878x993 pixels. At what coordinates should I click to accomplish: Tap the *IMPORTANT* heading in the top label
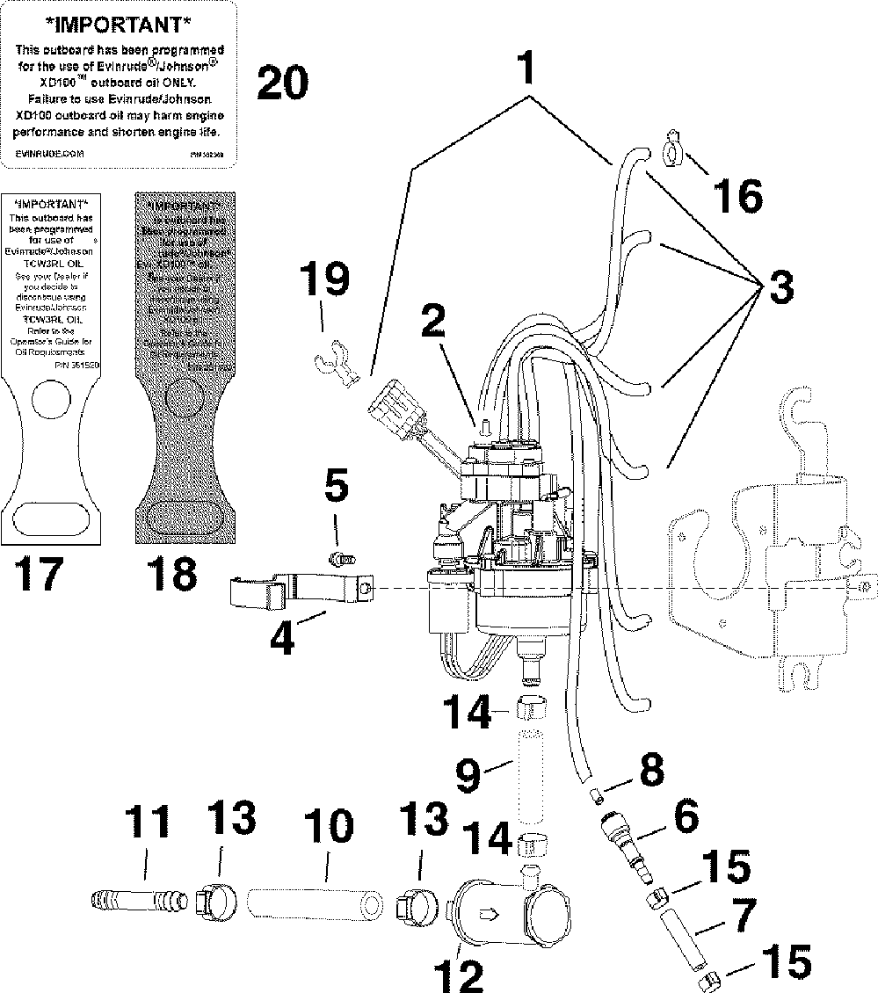pos(119,21)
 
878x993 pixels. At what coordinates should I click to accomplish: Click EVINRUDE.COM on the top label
pos(50,152)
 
